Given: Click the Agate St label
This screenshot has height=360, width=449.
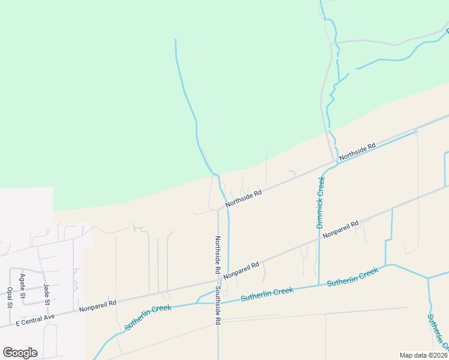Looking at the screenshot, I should pyautogui.click(x=22, y=286).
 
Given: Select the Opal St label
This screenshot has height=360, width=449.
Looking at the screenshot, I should pyautogui.click(x=10, y=296).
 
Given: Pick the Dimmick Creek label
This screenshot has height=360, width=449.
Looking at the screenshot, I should pyautogui.click(x=321, y=202).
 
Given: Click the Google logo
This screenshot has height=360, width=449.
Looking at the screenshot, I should pyautogui.click(x=20, y=352).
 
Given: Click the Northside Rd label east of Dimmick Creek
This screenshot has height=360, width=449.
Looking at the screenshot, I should pyautogui.click(x=357, y=151).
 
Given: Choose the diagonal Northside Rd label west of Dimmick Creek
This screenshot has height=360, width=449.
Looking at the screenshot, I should pyautogui.click(x=244, y=199).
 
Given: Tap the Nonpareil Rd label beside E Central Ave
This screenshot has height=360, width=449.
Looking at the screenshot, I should pyautogui.click(x=98, y=304).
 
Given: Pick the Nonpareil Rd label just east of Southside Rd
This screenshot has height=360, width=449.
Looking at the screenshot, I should pyautogui.click(x=241, y=270).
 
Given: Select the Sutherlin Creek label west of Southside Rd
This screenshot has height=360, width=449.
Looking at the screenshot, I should pyautogui.click(x=148, y=317).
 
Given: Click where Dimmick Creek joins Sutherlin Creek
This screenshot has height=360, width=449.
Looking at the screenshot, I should pyautogui.click(x=318, y=286).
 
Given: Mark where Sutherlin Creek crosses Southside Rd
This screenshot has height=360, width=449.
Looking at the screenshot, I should pyautogui.click(x=218, y=302).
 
